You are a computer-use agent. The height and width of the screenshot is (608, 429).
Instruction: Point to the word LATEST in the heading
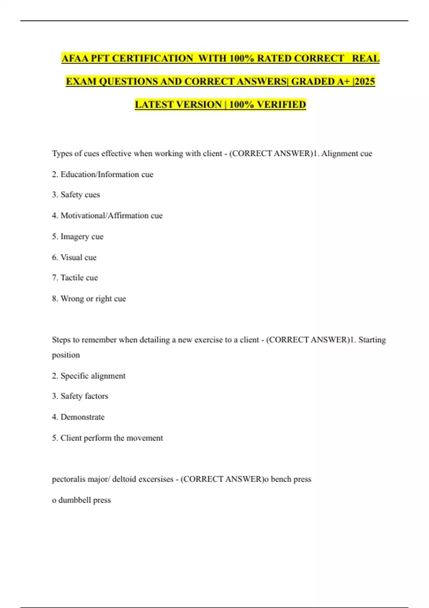tap(156, 105)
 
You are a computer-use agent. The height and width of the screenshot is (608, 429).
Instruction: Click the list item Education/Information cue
tap(107, 175)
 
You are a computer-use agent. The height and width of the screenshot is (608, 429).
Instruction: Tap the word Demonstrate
tap(83, 417)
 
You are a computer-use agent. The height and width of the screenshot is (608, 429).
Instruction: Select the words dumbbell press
tap(84, 500)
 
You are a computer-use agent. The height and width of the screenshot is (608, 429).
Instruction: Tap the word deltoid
tap(124, 479)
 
